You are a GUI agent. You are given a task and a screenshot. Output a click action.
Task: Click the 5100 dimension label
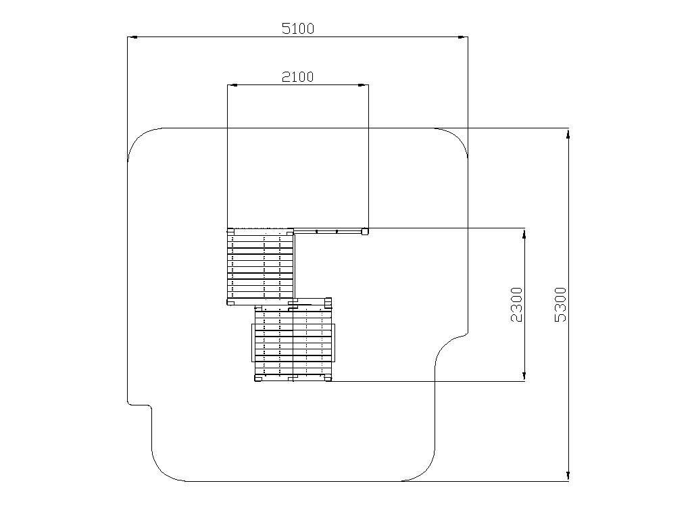(298, 28)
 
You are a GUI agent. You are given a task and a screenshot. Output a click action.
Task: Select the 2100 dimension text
(298, 77)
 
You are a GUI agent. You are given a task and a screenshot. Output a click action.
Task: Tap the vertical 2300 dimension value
(516, 305)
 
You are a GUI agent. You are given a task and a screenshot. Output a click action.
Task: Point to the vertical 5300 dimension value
(560, 305)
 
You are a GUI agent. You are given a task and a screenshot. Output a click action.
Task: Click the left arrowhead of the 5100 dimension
(132, 37)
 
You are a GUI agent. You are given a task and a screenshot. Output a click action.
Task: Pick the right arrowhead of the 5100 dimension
(463, 37)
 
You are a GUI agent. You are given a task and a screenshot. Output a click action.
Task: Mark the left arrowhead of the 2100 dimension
(232, 84)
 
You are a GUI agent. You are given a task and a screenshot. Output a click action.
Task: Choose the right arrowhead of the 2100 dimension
(363, 84)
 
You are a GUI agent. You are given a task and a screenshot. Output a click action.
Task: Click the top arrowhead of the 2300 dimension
(524, 233)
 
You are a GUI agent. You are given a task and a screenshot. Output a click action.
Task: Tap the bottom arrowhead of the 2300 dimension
(524, 376)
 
